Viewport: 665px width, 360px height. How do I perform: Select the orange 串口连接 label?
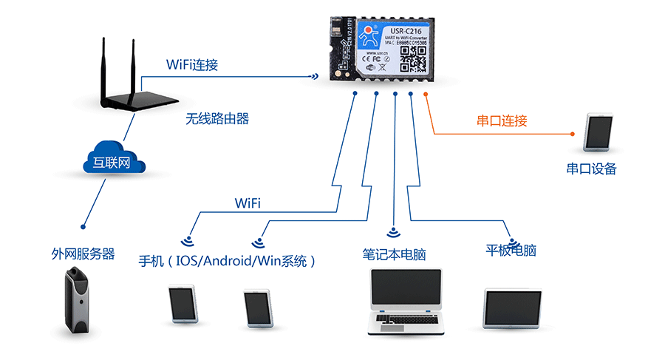click(x=502, y=120)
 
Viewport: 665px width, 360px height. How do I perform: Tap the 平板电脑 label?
click(x=511, y=250)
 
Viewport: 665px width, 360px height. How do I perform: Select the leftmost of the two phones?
click(x=182, y=305)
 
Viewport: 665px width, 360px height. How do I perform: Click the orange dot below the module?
click(x=426, y=94)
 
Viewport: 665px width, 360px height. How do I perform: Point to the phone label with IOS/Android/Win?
click(x=228, y=261)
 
